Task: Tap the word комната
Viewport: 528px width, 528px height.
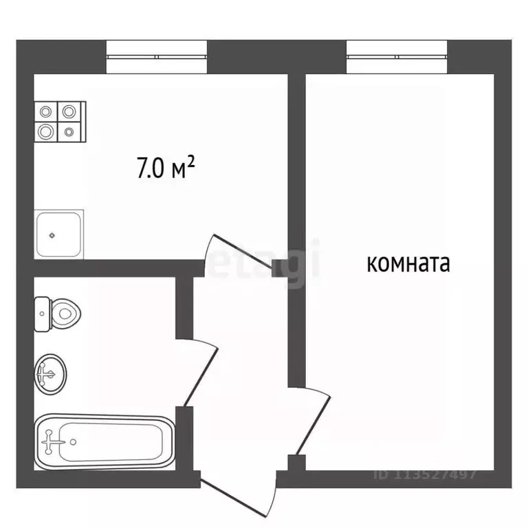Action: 408,264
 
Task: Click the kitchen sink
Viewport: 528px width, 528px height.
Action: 59,234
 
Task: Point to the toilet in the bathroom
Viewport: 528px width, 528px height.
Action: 58,315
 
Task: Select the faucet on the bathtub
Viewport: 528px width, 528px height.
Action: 49,441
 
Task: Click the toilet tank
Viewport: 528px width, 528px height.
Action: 42,314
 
